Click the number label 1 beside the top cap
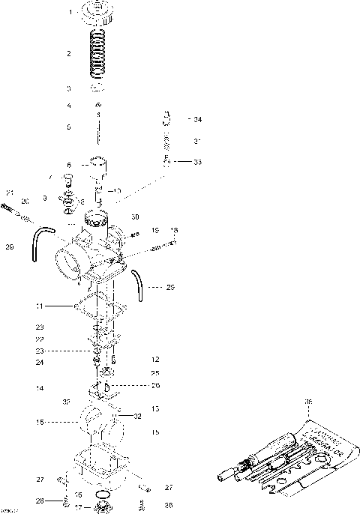point(70,13)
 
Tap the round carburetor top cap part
point(97,12)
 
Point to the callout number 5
point(69,127)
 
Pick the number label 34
point(198,120)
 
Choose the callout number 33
point(198,161)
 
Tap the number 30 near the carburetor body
point(136,217)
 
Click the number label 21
point(10,193)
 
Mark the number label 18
point(175,230)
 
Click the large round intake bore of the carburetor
point(69,264)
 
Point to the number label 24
point(38,363)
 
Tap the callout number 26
point(156,386)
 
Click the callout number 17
point(78,509)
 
